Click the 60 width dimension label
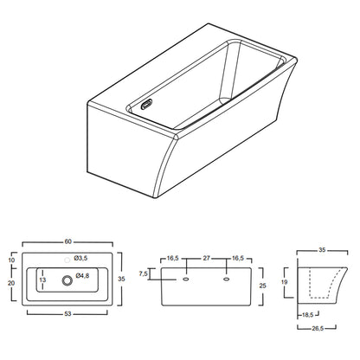click(x=67, y=241)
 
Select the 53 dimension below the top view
click(x=67, y=313)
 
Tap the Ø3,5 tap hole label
click(x=80, y=258)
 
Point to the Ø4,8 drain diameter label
click(x=82, y=276)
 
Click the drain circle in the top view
click(x=67, y=280)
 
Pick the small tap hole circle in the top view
click(x=67, y=260)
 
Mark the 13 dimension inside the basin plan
click(x=42, y=280)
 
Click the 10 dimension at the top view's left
click(x=11, y=260)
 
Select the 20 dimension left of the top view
click(x=11, y=283)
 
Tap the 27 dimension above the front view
click(x=206, y=258)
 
